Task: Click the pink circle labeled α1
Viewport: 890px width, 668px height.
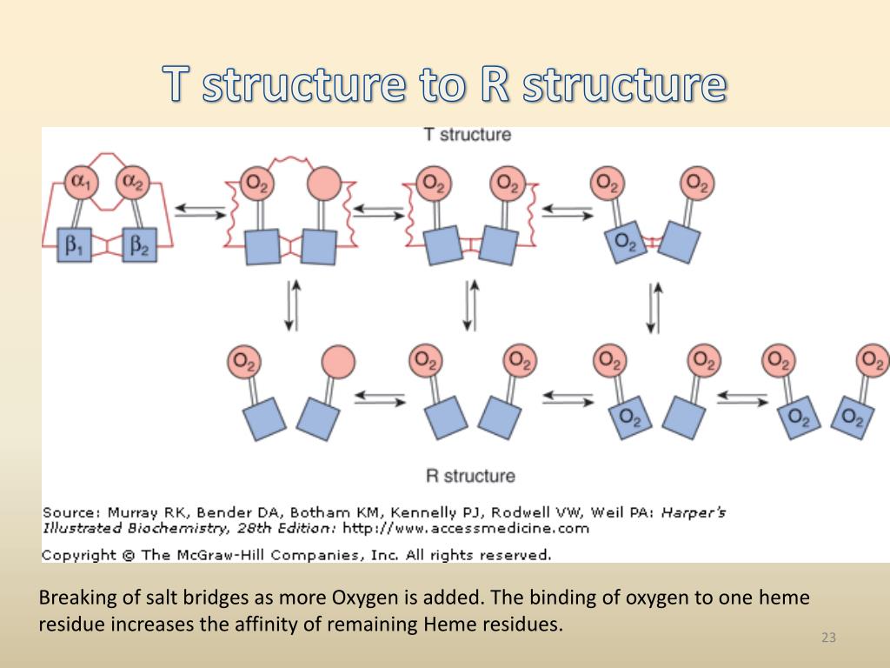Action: (83, 184)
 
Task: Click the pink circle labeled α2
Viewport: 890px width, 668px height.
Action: (134, 184)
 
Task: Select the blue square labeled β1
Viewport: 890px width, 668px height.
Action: (76, 246)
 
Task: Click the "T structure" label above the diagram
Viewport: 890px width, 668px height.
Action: (467, 135)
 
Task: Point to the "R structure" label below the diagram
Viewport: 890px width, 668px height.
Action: (469, 476)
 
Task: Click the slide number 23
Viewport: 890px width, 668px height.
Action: (828, 638)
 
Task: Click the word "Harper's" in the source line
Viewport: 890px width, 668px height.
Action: (694, 512)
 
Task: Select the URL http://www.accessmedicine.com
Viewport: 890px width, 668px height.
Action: (466, 528)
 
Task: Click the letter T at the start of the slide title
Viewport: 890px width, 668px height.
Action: (178, 85)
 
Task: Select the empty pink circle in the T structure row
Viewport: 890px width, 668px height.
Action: (324, 184)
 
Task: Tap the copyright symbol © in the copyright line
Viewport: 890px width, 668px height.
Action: (129, 554)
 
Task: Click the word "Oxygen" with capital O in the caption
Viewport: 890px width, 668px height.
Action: (357, 598)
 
